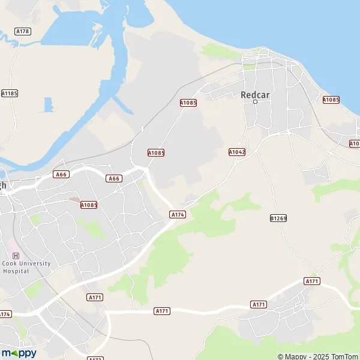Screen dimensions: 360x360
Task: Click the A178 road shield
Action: point(23,31)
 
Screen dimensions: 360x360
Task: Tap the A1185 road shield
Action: point(9,93)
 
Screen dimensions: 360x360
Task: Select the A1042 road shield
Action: point(237,152)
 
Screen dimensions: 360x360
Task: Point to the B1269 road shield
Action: point(278,218)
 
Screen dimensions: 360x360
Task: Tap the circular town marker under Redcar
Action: point(255,102)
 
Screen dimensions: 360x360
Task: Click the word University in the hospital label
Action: point(34,263)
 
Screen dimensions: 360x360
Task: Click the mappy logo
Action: point(19,353)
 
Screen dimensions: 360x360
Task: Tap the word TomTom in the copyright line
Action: point(344,356)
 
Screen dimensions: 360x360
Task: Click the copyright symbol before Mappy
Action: point(280,356)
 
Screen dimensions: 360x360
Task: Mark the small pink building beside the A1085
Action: point(74,199)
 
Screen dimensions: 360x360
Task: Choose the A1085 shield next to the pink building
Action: point(89,205)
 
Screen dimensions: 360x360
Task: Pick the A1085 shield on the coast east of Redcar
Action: point(331,100)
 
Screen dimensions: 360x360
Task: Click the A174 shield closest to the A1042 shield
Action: point(177,214)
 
